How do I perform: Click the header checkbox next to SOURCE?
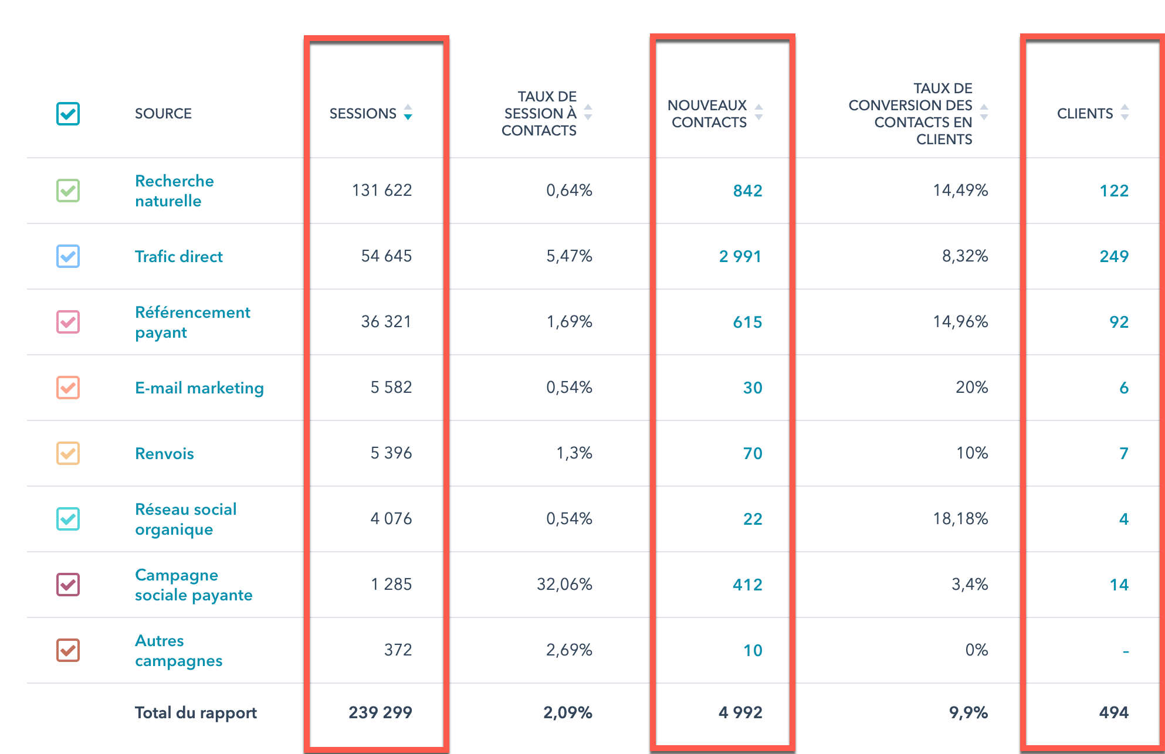(x=68, y=114)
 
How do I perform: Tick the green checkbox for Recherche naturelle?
(x=68, y=191)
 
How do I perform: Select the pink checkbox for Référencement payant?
(x=68, y=322)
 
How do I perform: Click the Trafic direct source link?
(x=178, y=257)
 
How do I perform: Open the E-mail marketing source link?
(x=199, y=388)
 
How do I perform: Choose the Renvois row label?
(x=164, y=454)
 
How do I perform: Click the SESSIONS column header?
(x=363, y=114)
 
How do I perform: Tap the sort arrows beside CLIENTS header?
(x=1124, y=113)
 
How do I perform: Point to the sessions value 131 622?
(x=382, y=191)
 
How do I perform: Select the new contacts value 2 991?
(x=740, y=257)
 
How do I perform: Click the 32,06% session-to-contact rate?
(x=564, y=585)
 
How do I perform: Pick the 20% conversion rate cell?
(x=971, y=388)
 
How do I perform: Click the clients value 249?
(x=1113, y=256)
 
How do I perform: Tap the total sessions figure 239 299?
(x=380, y=713)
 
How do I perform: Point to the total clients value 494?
(x=1113, y=713)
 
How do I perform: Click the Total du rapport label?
(x=196, y=713)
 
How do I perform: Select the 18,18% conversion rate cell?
(x=960, y=519)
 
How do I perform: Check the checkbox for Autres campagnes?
(x=68, y=650)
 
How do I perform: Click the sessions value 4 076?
(x=391, y=519)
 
